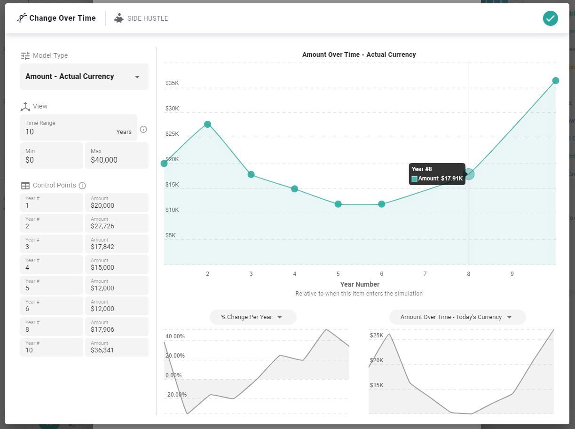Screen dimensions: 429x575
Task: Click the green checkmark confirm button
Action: coord(550,18)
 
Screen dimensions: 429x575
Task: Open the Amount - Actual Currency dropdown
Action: coord(84,77)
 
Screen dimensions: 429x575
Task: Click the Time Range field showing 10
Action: coord(78,127)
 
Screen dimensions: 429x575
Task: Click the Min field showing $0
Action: coord(51,156)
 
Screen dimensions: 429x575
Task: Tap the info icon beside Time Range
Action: coord(143,129)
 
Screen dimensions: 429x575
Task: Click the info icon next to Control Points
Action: coord(82,186)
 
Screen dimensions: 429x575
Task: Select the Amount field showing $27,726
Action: coord(117,223)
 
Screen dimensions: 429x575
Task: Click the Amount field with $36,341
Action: coord(117,347)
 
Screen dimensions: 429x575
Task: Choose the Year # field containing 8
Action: coord(51,326)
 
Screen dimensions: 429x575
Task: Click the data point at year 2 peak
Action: coord(207,125)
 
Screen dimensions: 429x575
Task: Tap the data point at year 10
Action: coord(555,81)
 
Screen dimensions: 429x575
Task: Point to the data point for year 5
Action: coord(338,204)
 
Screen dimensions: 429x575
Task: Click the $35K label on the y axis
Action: coord(172,83)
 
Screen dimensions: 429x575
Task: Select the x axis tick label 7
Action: coord(425,274)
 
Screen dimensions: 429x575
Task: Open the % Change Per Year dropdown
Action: coord(252,317)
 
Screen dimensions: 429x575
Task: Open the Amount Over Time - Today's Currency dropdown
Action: coord(457,317)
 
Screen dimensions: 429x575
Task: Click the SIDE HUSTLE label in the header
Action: coord(147,18)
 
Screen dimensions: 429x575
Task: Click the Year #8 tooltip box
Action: coord(437,174)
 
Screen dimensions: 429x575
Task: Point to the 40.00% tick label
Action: coord(175,336)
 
